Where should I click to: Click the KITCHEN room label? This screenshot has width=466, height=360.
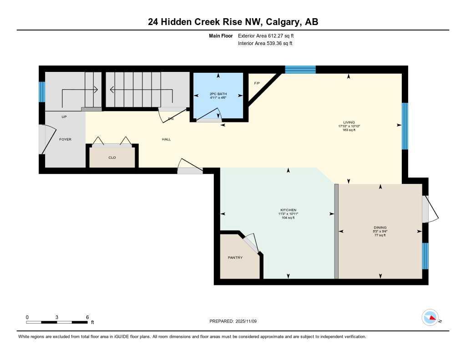click(288, 210)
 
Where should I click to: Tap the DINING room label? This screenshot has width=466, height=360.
click(380, 228)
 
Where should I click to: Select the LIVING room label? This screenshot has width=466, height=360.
click(349, 122)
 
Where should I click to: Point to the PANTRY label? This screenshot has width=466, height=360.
click(235, 258)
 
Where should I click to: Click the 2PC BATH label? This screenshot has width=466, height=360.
click(218, 94)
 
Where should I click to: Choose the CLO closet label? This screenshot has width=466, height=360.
click(112, 157)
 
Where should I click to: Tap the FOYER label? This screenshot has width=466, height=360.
click(65, 139)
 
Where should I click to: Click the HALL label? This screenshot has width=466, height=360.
click(167, 139)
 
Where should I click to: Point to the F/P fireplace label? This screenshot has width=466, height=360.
click(257, 83)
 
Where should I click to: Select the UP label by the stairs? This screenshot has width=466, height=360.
click(64, 117)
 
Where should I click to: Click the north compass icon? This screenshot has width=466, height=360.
click(430, 318)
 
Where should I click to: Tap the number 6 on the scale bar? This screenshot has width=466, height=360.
click(87, 317)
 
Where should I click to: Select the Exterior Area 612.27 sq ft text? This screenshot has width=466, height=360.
click(269, 35)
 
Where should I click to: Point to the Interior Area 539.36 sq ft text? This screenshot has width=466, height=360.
click(265, 44)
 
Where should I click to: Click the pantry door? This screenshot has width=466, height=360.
click(250, 243)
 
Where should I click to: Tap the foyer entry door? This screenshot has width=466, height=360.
click(44, 139)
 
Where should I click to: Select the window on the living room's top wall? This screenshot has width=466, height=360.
click(300, 69)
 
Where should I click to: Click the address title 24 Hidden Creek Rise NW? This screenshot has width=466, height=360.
click(233, 21)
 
